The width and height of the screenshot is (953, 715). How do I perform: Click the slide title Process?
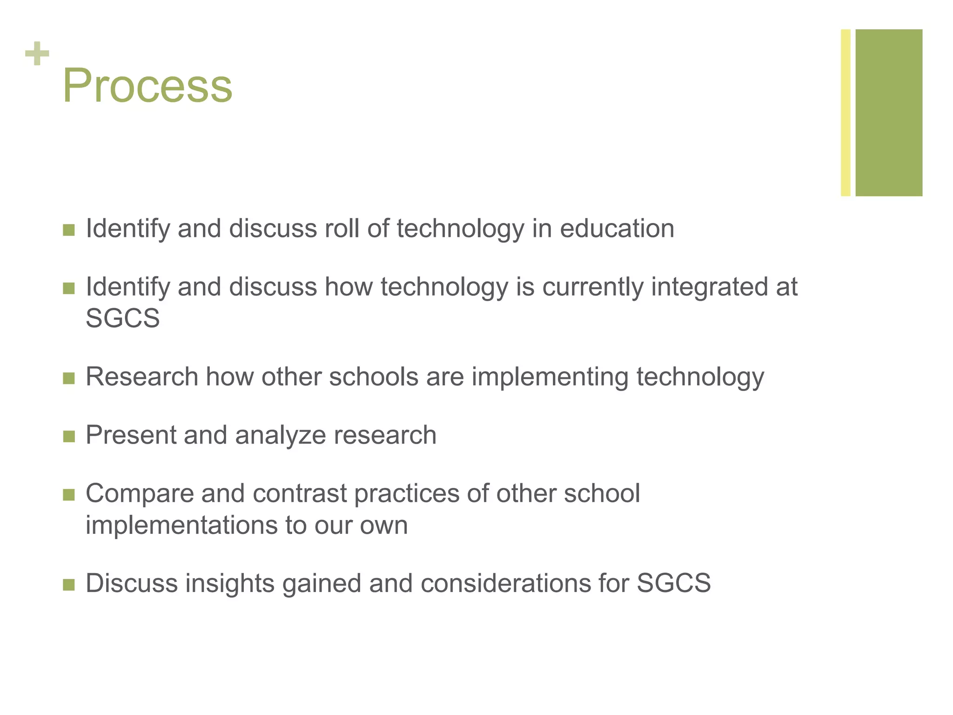[147, 86]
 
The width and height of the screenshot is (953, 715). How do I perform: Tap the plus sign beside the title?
[37, 54]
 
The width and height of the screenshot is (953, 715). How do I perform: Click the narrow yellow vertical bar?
[846, 113]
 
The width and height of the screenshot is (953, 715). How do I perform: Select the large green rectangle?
[889, 113]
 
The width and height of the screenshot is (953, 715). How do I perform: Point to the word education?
[617, 229]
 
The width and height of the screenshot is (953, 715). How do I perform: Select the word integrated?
[710, 287]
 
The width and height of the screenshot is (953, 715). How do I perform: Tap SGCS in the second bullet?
[123, 318]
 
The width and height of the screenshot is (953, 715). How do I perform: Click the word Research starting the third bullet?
[142, 377]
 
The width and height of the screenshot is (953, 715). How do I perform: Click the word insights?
[230, 583]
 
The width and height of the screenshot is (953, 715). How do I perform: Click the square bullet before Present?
[69, 437]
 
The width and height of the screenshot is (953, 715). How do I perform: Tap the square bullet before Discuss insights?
[69, 585]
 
